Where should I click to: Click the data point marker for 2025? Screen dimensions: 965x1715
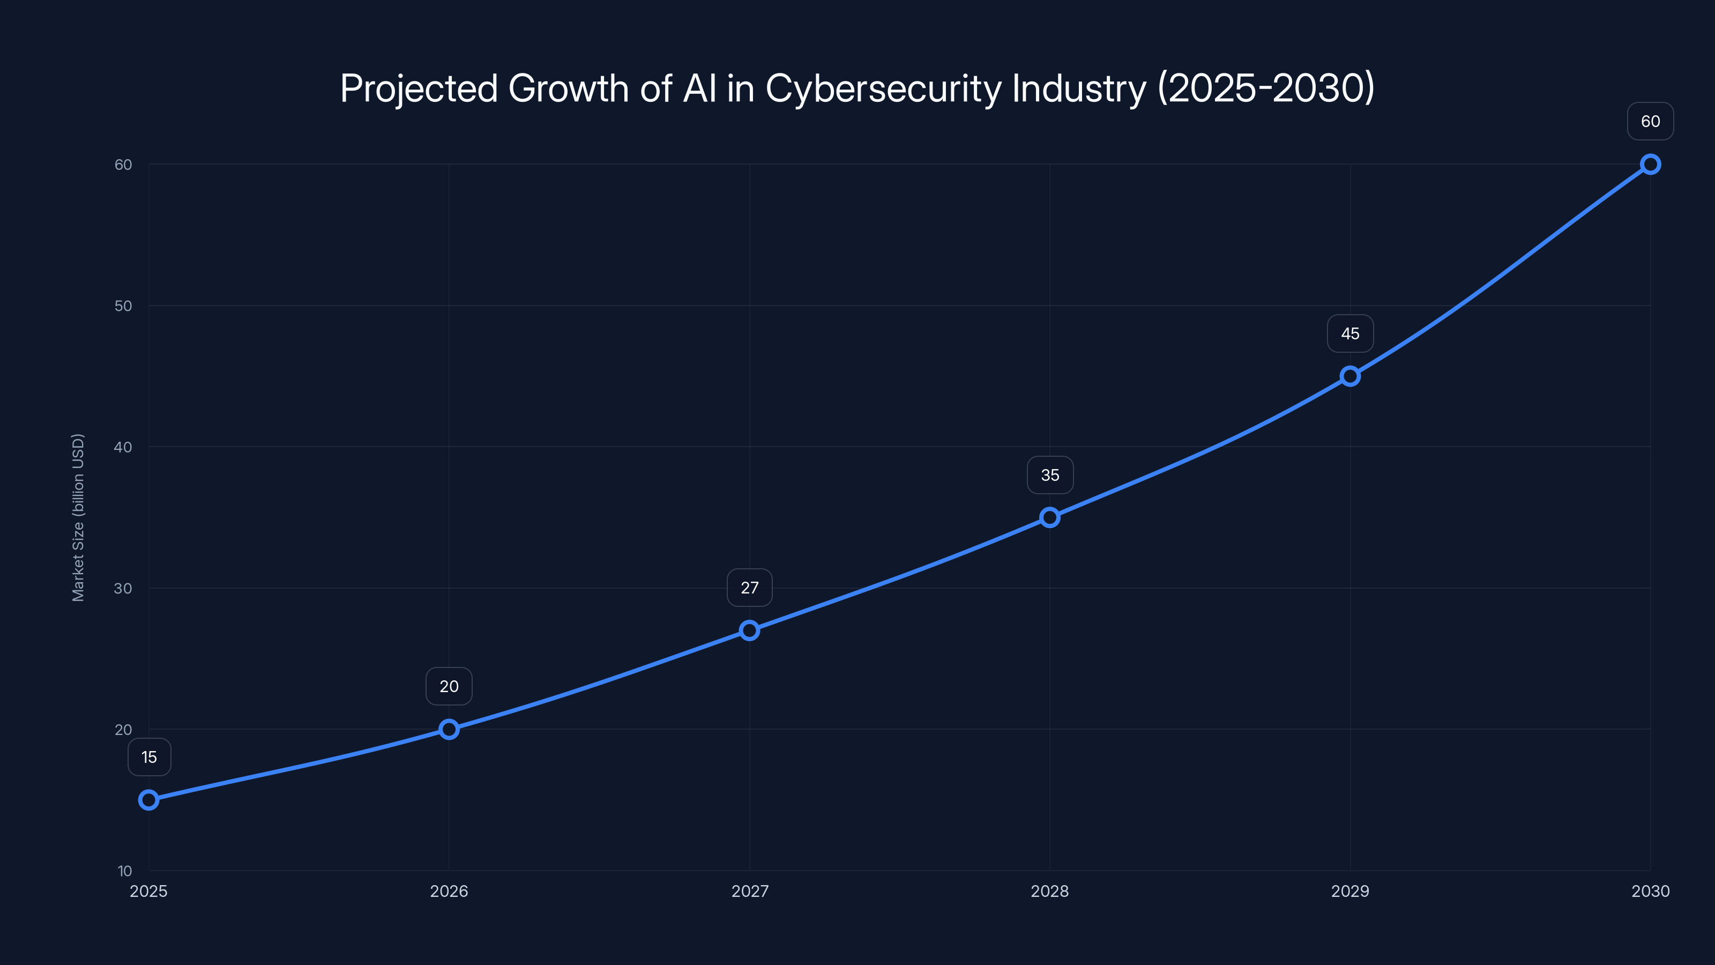(148, 800)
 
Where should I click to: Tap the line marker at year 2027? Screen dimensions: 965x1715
(750, 630)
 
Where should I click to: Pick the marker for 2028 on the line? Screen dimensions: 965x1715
(1050, 517)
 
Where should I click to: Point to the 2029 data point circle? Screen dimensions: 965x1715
(1350, 376)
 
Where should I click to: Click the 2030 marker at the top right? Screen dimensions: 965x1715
(1651, 165)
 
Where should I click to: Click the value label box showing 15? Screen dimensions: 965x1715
(149, 757)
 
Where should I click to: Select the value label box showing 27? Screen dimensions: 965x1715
(750, 588)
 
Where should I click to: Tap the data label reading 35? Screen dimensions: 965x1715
(1050, 475)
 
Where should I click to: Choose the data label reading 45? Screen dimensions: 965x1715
(1350, 333)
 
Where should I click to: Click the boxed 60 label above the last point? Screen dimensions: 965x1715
(1651, 121)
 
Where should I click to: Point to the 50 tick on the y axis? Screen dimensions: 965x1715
(123, 306)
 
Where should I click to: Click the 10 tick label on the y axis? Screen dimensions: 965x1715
(124, 871)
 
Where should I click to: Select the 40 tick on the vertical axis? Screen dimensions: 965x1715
(123, 447)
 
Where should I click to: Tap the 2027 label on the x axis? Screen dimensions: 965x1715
(750, 891)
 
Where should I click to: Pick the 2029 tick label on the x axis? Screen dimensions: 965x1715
(1350, 891)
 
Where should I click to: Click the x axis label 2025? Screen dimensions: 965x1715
(148, 891)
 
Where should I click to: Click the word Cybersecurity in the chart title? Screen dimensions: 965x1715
(883, 88)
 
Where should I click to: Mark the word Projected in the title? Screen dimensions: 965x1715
(419, 88)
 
